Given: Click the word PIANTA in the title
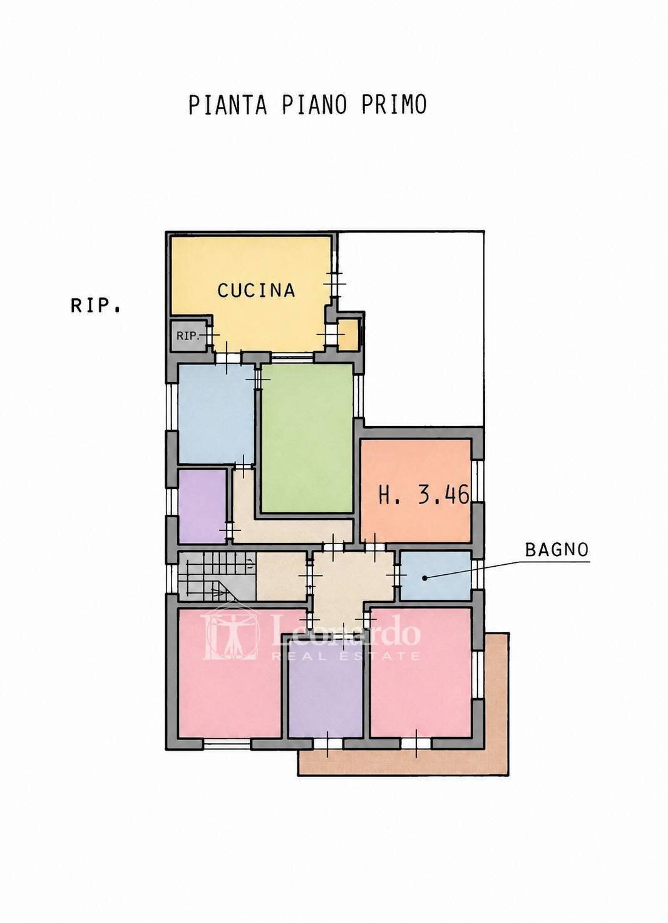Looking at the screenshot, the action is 228,105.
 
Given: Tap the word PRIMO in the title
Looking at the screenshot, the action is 394,105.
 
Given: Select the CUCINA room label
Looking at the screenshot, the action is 256,290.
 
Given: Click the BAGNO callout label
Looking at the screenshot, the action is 557,550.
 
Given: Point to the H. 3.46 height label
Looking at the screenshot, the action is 424,495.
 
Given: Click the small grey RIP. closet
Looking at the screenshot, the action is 188,336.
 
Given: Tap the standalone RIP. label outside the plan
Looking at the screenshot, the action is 95,306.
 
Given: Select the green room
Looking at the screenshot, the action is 307,438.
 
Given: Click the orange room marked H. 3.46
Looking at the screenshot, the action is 416,491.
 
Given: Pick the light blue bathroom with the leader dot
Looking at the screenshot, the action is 436,575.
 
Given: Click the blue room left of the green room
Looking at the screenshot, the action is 216,414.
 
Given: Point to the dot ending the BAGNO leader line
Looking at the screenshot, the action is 426,578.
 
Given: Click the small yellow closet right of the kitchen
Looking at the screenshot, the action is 347,334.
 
